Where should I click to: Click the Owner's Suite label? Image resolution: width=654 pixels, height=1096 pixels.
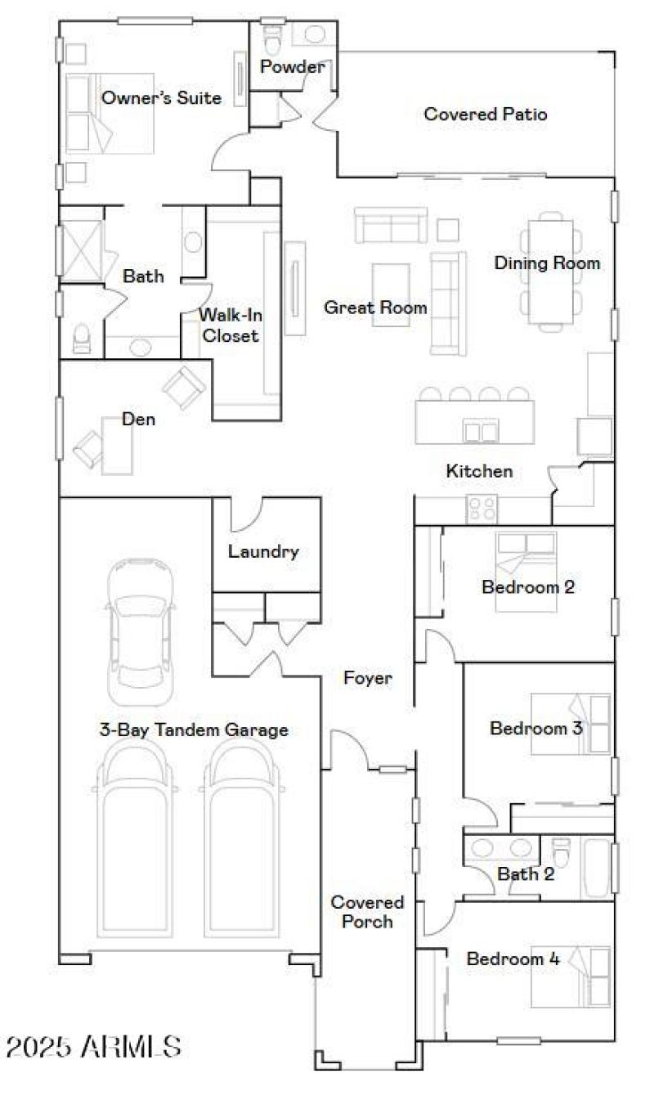pyautogui.click(x=161, y=98)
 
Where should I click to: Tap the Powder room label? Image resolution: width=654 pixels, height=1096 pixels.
pyautogui.click(x=292, y=67)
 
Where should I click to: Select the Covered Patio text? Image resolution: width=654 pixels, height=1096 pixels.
pyautogui.click(x=485, y=115)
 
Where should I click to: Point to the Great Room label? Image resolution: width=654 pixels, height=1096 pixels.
pyautogui.click(x=375, y=308)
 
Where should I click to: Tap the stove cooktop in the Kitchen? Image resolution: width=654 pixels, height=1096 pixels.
pyautogui.click(x=481, y=509)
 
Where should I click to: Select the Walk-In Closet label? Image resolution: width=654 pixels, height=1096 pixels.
pyautogui.click(x=230, y=324)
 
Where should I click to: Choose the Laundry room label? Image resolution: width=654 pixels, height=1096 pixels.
pyautogui.click(x=263, y=551)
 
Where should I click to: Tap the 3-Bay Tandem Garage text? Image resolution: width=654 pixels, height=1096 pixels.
pyautogui.click(x=194, y=730)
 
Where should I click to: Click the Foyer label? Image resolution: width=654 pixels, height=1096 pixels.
pyautogui.click(x=368, y=678)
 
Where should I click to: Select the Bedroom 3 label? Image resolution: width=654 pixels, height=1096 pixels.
pyautogui.click(x=535, y=728)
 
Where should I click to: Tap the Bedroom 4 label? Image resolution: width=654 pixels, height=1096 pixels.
pyautogui.click(x=513, y=959)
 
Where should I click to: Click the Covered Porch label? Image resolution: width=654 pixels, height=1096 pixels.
pyautogui.click(x=367, y=912)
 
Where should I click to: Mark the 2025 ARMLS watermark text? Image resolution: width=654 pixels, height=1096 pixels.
pyautogui.click(x=93, y=1045)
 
